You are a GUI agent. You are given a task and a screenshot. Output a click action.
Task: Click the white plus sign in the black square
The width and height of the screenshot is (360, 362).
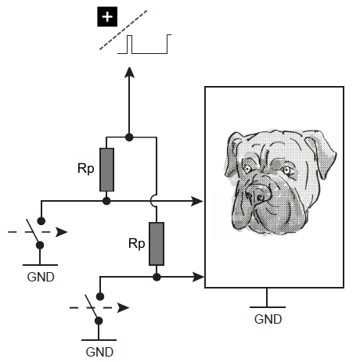(107, 17)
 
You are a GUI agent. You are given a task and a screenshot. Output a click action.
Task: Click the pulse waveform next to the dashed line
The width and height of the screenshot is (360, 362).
(144, 44)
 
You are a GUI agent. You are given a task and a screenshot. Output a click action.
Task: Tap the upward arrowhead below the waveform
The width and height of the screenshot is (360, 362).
(129, 73)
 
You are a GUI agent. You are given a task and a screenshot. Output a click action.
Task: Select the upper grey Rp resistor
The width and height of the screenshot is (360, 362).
(106, 170)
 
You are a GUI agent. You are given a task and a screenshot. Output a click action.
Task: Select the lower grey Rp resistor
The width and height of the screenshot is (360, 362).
(157, 244)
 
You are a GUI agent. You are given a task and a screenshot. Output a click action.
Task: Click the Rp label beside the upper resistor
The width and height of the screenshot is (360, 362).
(86, 169)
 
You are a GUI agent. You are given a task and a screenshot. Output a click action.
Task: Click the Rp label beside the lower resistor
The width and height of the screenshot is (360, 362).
(137, 244)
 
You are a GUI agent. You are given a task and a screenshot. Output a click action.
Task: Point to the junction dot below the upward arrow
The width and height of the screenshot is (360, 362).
(129, 137)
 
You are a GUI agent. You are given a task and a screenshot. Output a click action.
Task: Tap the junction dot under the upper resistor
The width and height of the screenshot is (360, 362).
(106, 201)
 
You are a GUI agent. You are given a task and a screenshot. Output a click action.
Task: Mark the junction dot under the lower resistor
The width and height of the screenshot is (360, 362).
(157, 277)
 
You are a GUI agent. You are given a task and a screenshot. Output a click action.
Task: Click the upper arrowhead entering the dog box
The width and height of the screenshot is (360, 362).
(197, 201)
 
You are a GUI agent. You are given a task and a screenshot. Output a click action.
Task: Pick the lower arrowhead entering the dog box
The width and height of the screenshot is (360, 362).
(198, 277)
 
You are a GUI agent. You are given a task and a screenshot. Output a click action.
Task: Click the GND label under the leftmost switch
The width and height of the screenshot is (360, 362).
(41, 277)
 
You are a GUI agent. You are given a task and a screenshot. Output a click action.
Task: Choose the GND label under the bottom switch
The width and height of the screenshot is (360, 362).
(99, 352)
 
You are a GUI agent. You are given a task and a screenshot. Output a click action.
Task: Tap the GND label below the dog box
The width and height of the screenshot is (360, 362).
(268, 319)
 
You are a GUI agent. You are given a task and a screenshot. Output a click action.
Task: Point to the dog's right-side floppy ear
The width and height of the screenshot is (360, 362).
(321, 154)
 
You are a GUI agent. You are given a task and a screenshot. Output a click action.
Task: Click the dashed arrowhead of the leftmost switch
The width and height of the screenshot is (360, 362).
(62, 232)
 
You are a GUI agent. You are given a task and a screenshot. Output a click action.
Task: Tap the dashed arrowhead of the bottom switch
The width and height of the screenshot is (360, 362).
(123, 308)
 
